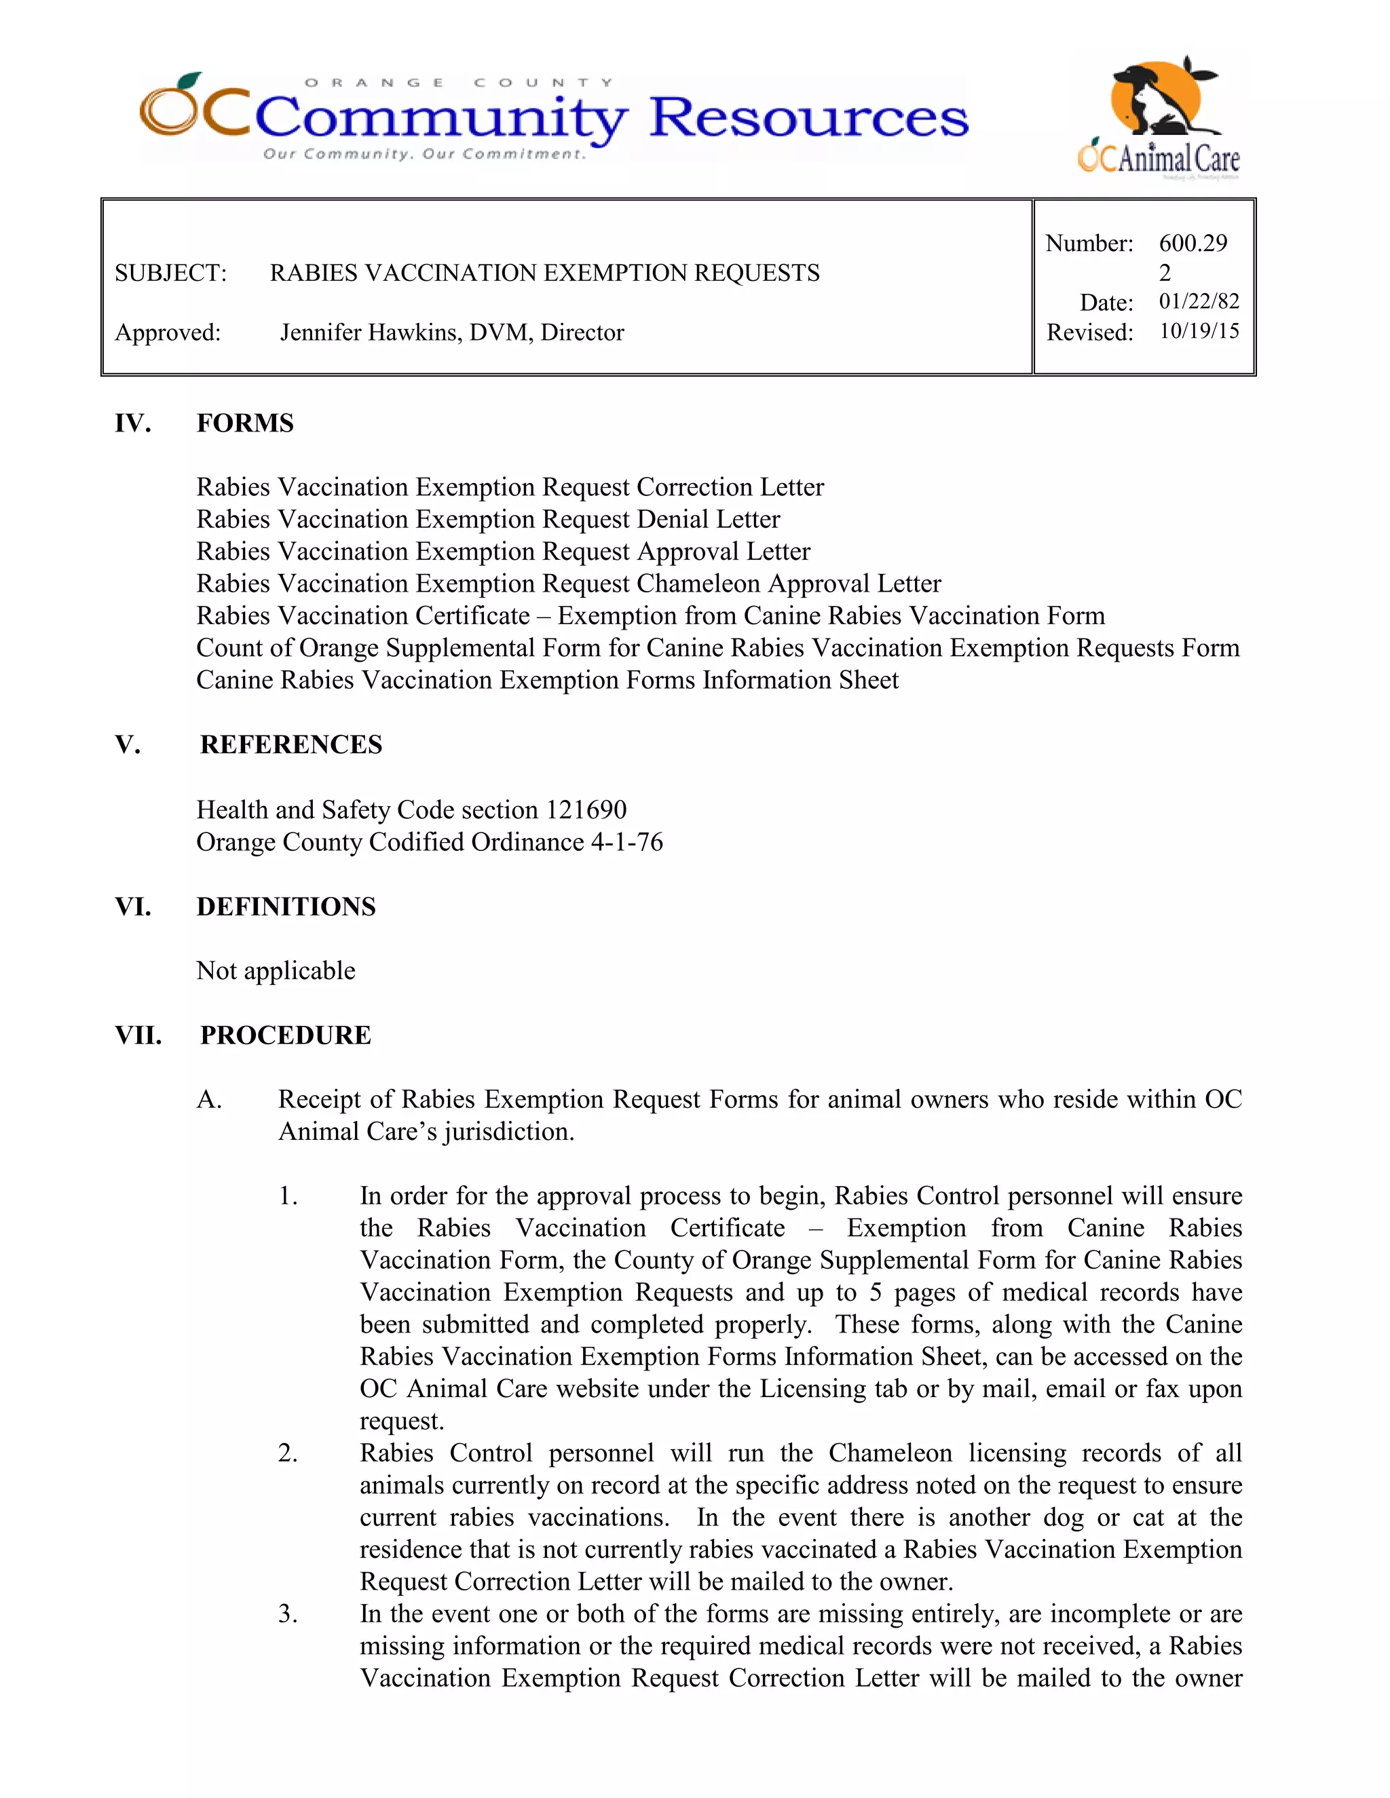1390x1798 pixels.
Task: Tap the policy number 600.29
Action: point(1192,243)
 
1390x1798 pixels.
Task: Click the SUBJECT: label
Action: point(170,273)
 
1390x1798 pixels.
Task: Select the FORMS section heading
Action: point(244,423)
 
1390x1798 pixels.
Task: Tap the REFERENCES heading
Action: point(290,744)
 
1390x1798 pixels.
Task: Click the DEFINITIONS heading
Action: point(286,906)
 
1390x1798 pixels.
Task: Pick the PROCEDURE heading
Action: point(285,1035)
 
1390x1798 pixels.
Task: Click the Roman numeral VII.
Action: point(138,1035)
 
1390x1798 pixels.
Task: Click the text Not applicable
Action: point(276,971)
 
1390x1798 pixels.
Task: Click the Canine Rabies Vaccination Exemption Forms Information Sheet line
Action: point(547,680)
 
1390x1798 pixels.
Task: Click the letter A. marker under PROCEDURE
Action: point(209,1100)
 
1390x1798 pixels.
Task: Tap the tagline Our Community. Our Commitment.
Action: point(424,154)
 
